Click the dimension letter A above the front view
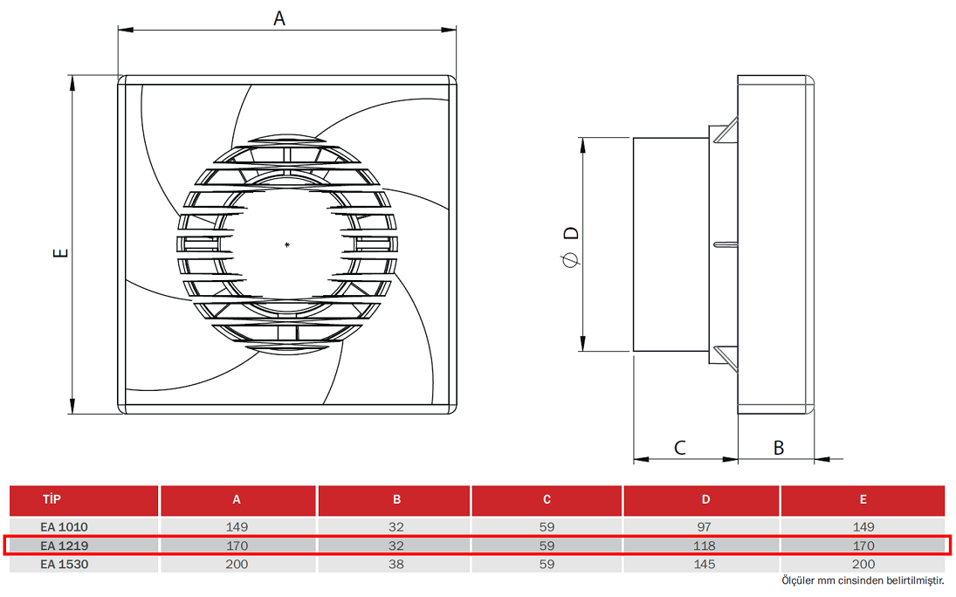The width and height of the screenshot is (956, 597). (x=279, y=17)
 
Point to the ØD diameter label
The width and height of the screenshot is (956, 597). (x=570, y=245)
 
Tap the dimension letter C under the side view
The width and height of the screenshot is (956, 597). (x=680, y=448)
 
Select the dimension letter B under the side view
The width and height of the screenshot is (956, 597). (x=779, y=448)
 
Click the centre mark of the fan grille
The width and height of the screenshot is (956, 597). (x=287, y=244)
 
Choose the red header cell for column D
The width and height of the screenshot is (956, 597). (x=705, y=500)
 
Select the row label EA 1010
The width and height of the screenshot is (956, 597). (x=65, y=527)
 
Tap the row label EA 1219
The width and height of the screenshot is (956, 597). (x=65, y=546)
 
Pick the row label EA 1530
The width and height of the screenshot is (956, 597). (x=65, y=564)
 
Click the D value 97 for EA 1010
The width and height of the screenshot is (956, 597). (x=705, y=527)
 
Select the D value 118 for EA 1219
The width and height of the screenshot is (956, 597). (x=705, y=546)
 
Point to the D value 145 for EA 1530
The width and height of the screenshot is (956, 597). (x=705, y=564)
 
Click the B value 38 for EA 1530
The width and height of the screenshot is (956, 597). (x=396, y=564)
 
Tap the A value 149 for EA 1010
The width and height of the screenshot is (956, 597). (x=237, y=527)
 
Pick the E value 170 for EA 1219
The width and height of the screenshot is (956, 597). (x=863, y=546)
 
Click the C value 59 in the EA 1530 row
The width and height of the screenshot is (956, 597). (x=547, y=564)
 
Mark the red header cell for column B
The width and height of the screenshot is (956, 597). (x=396, y=500)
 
